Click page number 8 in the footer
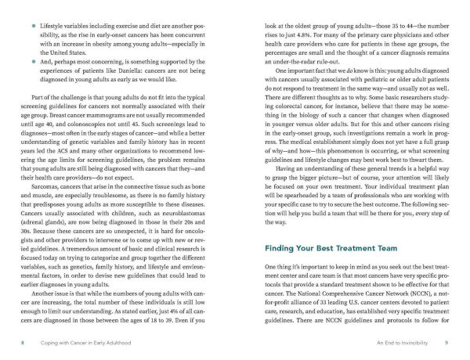(x=23, y=343)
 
